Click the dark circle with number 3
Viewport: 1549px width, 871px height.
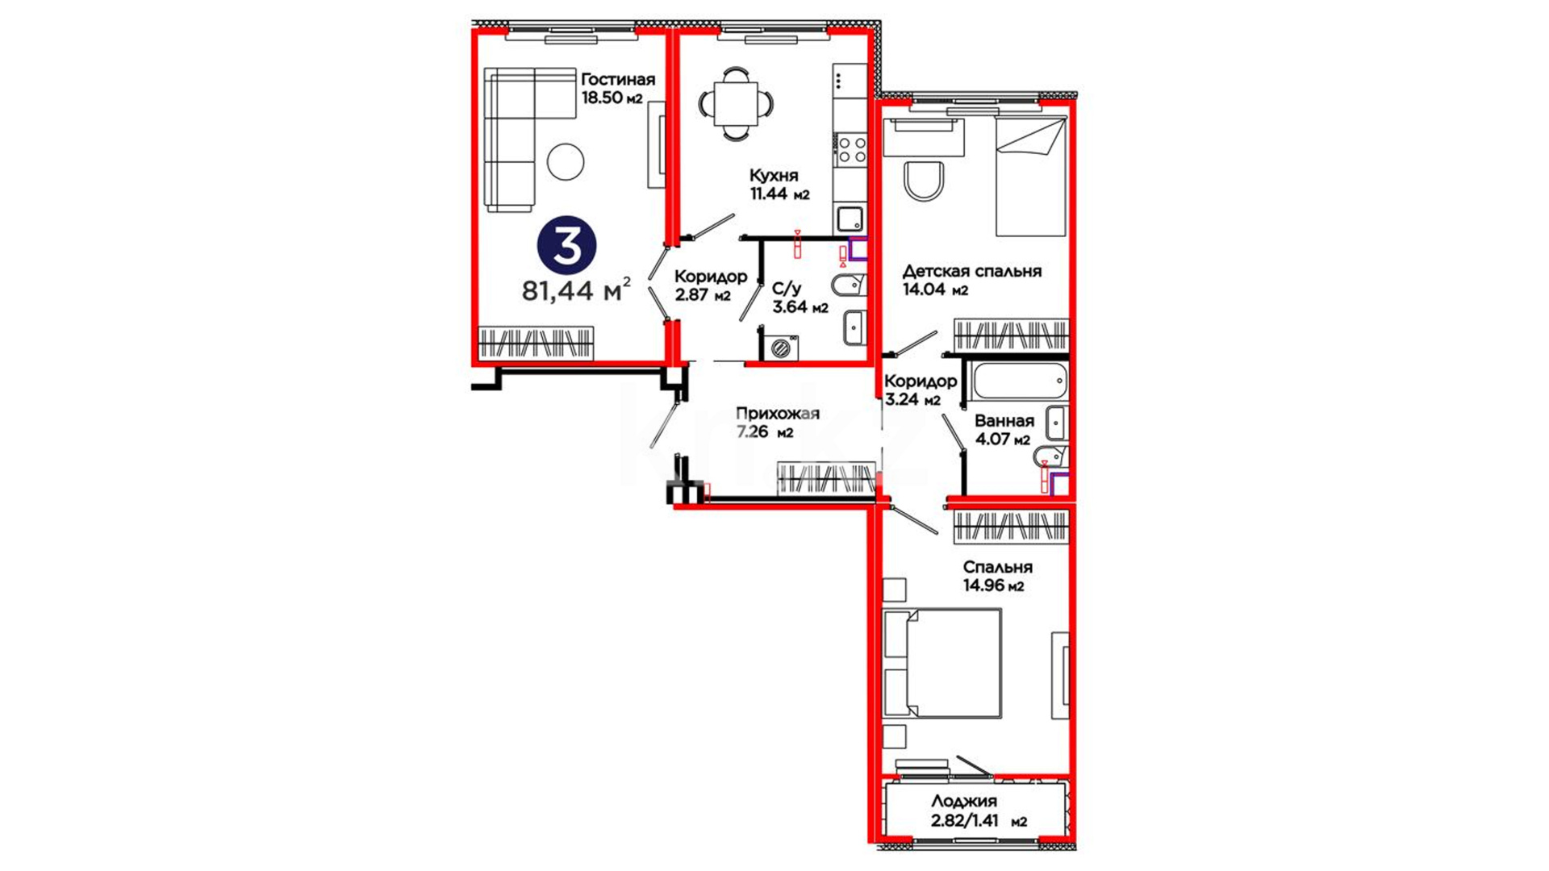point(567,246)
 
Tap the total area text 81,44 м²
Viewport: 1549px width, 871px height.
point(576,290)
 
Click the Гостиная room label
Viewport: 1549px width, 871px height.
point(618,80)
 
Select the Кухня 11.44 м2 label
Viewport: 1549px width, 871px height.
point(779,185)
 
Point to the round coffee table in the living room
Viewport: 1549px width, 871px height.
point(566,161)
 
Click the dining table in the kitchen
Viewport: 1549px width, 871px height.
point(736,103)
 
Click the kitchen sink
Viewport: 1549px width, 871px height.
point(850,219)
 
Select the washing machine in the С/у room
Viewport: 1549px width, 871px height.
point(780,348)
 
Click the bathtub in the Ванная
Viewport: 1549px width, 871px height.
point(1021,381)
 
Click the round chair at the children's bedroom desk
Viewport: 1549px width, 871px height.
point(924,181)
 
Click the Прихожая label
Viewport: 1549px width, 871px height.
point(778,414)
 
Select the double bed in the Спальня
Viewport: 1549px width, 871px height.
point(942,663)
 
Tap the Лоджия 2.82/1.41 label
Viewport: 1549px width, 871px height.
point(979,812)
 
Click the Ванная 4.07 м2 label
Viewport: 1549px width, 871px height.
point(1004,430)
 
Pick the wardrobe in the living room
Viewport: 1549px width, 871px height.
point(537,344)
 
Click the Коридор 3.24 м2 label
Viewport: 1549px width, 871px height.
point(921,390)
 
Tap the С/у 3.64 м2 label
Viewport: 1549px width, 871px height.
point(800,298)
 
